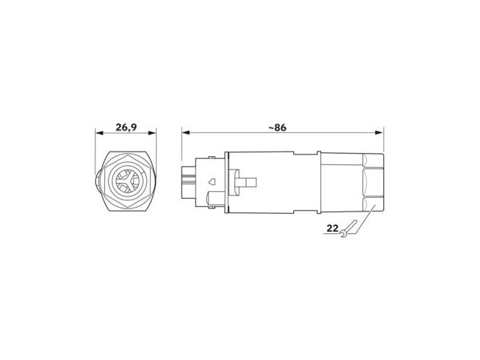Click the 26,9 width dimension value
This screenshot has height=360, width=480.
point(126,127)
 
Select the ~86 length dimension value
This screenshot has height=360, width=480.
point(277,127)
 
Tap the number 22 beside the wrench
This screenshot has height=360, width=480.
point(332,228)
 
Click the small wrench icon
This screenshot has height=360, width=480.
point(348,229)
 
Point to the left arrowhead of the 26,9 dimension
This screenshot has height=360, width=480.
point(100,133)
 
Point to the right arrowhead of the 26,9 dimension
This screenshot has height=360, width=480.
point(152,133)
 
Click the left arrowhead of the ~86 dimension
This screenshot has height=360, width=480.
point(186,133)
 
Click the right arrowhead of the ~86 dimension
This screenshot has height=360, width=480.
point(379,133)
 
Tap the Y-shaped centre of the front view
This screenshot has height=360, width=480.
point(128,181)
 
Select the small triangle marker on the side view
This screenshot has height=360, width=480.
point(211,181)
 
